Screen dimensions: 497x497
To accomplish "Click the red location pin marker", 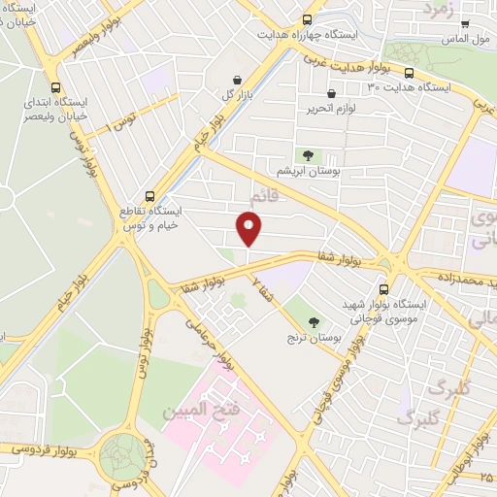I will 249,229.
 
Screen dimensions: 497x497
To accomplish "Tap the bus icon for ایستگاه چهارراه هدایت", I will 308,19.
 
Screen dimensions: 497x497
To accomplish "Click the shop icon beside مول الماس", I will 465,24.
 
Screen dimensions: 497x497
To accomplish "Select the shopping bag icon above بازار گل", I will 237,80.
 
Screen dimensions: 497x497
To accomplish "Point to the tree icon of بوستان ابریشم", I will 308,154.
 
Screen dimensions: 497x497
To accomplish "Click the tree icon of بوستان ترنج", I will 313,322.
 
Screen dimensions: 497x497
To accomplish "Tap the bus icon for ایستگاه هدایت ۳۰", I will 410,73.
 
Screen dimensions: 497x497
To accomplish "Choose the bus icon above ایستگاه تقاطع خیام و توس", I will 149,194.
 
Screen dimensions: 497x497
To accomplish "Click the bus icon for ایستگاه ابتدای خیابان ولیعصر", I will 54,84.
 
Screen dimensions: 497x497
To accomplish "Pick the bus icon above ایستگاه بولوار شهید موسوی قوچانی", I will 383,288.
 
